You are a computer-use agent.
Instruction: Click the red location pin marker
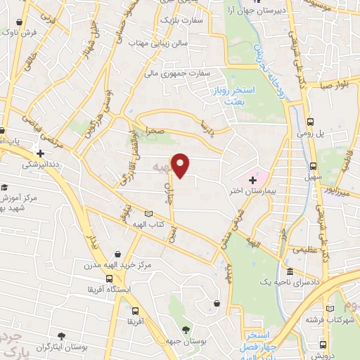pos(181,165)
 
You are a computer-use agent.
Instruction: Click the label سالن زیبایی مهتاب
pos(160,44)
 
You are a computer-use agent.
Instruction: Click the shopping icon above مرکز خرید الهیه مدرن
pos(126,254)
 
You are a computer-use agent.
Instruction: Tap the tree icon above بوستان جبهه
pos(186,328)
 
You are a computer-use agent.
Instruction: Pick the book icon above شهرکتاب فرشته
pos(330,308)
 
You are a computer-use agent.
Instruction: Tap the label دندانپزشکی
pos(41,165)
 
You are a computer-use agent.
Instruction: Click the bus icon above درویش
pos(323,345)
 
